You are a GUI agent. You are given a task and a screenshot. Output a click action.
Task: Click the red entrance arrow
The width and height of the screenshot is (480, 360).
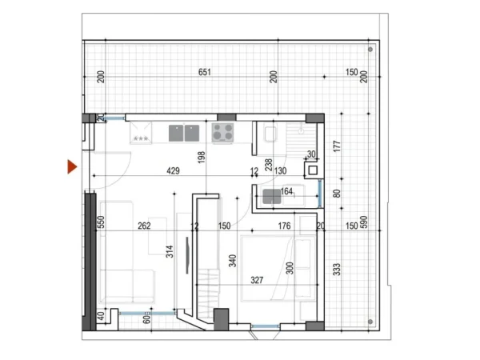coord(72,166)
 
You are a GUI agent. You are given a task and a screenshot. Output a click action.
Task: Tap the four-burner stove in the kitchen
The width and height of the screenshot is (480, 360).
coord(222,132)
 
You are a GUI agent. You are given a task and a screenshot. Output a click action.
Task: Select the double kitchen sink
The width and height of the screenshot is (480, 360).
coord(183,132)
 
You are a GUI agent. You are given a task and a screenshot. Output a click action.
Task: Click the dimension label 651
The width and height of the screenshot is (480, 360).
coord(205,73)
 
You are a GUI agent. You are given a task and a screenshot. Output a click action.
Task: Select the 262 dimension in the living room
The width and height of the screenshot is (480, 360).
coord(144,226)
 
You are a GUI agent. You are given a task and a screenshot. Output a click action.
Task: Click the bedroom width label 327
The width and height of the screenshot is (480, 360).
coord(258,280)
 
